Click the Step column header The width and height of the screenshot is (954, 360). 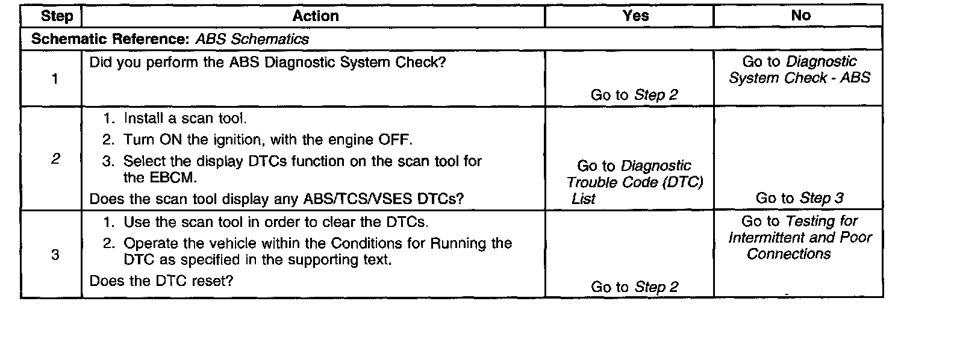click(57, 16)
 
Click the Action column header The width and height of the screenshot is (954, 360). click(315, 16)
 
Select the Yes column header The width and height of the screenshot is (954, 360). click(635, 16)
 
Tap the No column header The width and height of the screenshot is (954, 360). click(800, 16)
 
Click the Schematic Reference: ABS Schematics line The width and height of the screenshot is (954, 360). click(170, 39)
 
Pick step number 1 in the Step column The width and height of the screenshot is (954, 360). click(55, 79)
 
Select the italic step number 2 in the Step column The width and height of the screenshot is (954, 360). click(55, 160)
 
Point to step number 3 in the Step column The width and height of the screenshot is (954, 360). click(55, 255)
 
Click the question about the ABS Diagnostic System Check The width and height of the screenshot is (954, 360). click(267, 62)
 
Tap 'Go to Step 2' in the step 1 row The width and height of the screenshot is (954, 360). click(634, 95)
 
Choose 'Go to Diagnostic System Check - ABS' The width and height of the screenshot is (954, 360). click(799, 70)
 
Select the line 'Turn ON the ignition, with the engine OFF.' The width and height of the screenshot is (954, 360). click(268, 140)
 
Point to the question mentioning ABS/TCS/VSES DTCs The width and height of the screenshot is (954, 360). click(276, 199)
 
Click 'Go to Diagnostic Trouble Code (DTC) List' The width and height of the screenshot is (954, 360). click(634, 182)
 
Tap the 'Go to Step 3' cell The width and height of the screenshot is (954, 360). click(799, 198)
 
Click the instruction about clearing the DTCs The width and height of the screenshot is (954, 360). click(275, 222)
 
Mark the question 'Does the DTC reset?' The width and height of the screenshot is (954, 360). click(161, 281)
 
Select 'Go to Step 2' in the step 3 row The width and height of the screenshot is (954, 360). click(634, 287)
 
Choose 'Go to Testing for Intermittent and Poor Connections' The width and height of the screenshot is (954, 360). click(799, 238)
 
